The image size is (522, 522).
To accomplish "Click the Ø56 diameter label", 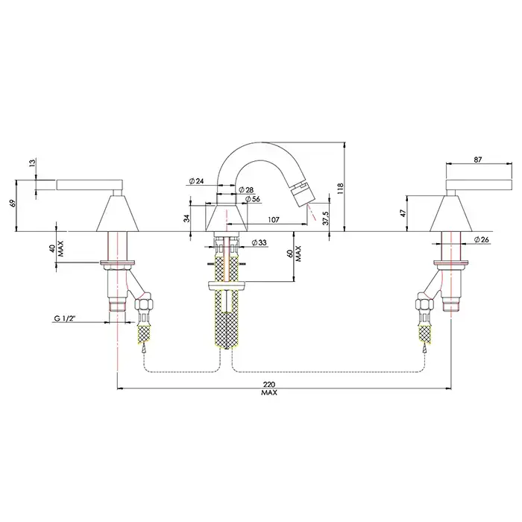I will pyautogui.click(x=252, y=199).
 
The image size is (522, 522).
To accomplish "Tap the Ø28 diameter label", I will pyautogui.click(x=248, y=190).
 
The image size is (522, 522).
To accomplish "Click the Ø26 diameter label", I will pyautogui.click(x=482, y=239).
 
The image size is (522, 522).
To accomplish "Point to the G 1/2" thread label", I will pyautogui.click(x=66, y=319).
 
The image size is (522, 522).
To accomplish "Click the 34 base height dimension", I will pyautogui.click(x=186, y=217).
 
